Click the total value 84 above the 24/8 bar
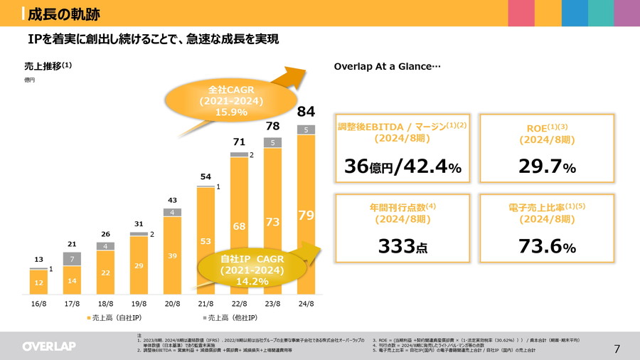click(x=306, y=112)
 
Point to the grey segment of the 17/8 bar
click(x=72, y=259)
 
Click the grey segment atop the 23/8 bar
click(x=272, y=142)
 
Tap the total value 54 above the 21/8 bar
click(x=205, y=176)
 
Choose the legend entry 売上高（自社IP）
click(x=117, y=317)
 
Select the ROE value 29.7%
click(x=545, y=167)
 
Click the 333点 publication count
click(x=402, y=247)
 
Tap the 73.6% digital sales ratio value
click(x=545, y=247)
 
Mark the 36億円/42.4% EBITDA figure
click(x=402, y=167)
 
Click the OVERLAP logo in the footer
click(x=49, y=346)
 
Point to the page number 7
click(x=617, y=349)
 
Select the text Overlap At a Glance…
click(x=388, y=66)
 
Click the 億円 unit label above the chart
click(x=29, y=80)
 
